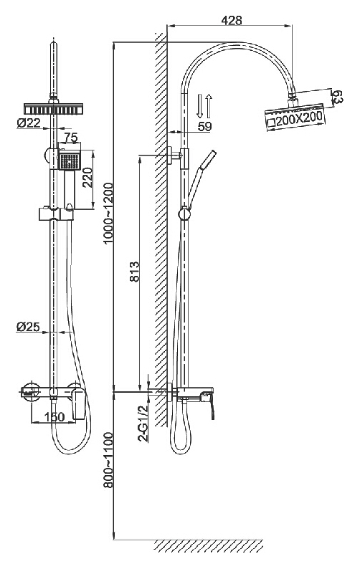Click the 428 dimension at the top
click(x=232, y=20)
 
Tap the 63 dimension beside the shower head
click(x=338, y=97)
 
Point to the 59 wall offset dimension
click(x=204, y=126)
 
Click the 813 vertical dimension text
click(x=134, y=272)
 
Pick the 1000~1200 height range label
click(x=108, y=214)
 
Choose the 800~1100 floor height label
click(x=108, y=460)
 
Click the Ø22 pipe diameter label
click(x=29, y=123)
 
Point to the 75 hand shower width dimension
click(x=71, y=138)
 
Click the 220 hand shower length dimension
click(x=87, y=178)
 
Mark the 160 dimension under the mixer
click(x=55, y=417)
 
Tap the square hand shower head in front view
click(x=69, y=161)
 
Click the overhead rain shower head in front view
click(x=53, y=108)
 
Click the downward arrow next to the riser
click(x=199, y=105)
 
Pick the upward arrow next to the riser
click(x=209, y=105)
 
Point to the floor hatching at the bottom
click(x=209, y=547)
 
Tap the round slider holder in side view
click(x=184, y=214)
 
